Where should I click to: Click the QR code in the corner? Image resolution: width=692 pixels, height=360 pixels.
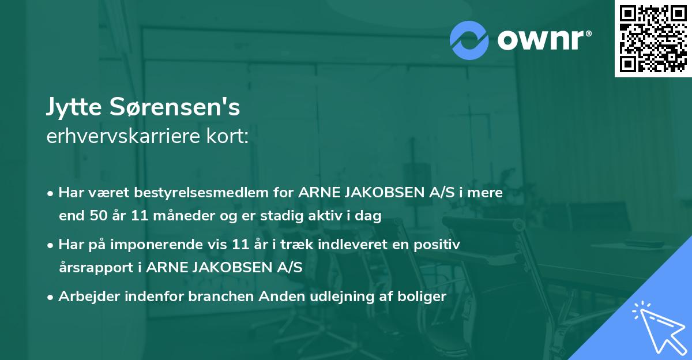[653, 39]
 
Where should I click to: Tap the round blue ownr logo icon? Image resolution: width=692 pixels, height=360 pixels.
[469, 40]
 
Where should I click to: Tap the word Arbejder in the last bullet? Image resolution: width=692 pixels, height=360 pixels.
[86, 297]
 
